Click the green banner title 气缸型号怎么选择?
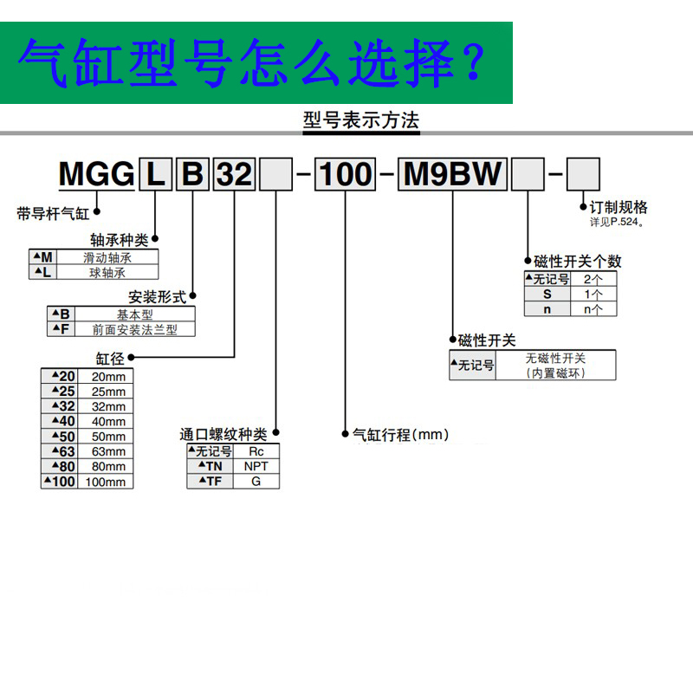coord(251,62)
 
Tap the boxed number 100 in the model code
coord(345,175)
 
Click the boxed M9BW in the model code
coord(454,174)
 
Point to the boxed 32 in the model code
coord(233,175)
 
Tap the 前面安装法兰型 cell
coord(133,329)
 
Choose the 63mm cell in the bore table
coord(108,451)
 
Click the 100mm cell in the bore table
coord(108,482)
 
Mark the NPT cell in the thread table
coord(256,466)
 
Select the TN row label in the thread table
coord(210,466)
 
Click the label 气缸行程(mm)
coord(400,435)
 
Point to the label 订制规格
coord(619,208)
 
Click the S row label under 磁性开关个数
coord(547,294)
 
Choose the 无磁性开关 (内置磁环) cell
coord(555,366)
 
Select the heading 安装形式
coord(158,297)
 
